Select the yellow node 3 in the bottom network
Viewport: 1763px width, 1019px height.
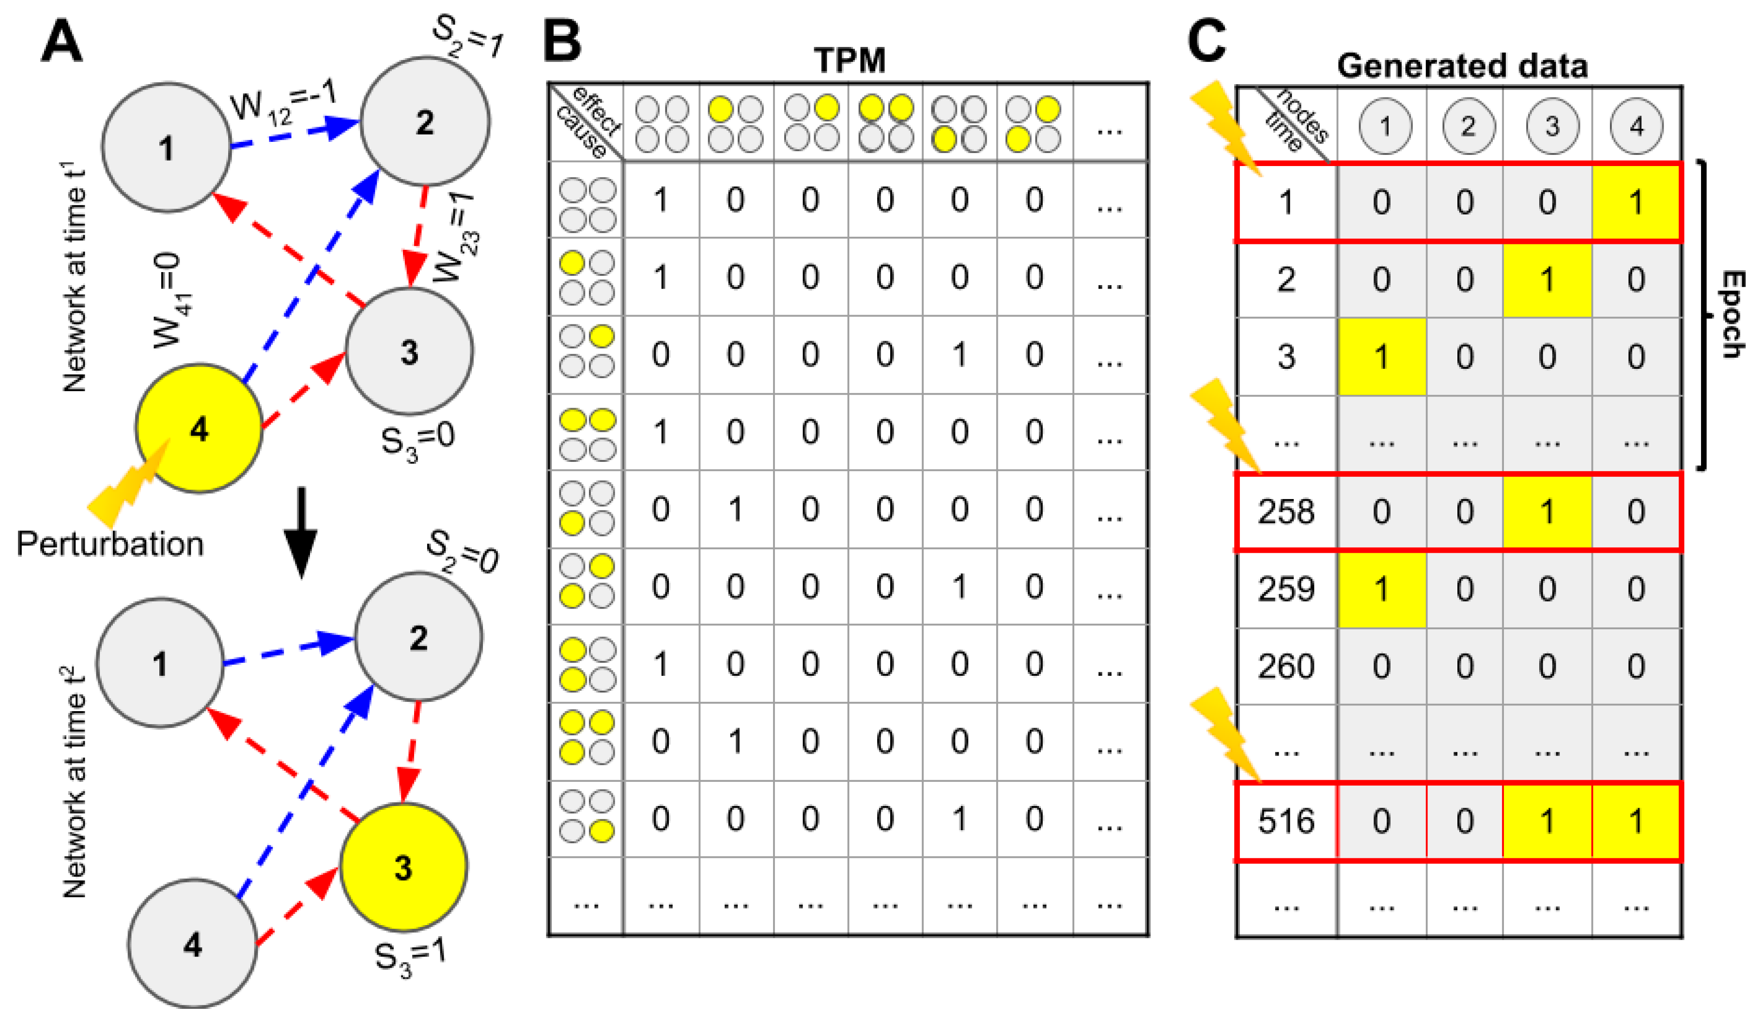403,867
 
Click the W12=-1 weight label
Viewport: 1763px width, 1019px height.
283,105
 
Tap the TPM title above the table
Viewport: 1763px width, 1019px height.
850,61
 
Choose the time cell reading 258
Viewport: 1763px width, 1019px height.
1286,513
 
